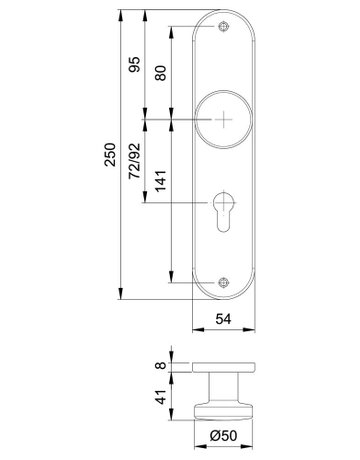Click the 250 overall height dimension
point(110,155)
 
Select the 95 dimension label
point(135,65)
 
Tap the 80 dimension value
point(160,73)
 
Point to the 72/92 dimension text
point(135,161)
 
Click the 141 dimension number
point(160,181)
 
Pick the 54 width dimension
point(223,319)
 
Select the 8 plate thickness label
point(161,365)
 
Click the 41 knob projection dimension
point(161,397)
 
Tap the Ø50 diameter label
point(223,435)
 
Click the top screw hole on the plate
point(223,27)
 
